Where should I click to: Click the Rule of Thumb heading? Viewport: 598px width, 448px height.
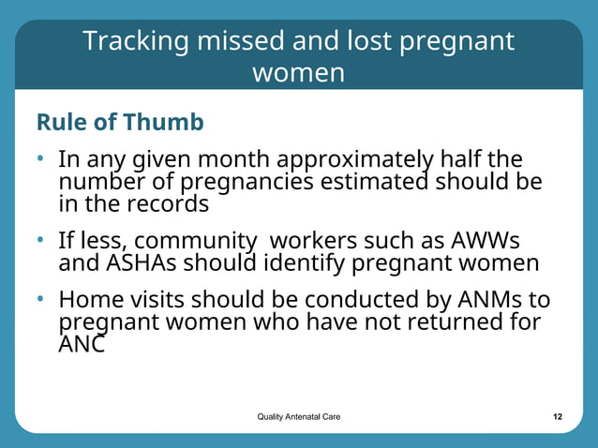[120, 123]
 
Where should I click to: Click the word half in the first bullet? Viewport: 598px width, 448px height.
[487, 160]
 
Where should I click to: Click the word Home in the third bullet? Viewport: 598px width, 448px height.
[89, 302]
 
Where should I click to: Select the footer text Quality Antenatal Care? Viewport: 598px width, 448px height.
[299, 416]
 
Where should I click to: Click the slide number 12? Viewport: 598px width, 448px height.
[558, 416]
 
